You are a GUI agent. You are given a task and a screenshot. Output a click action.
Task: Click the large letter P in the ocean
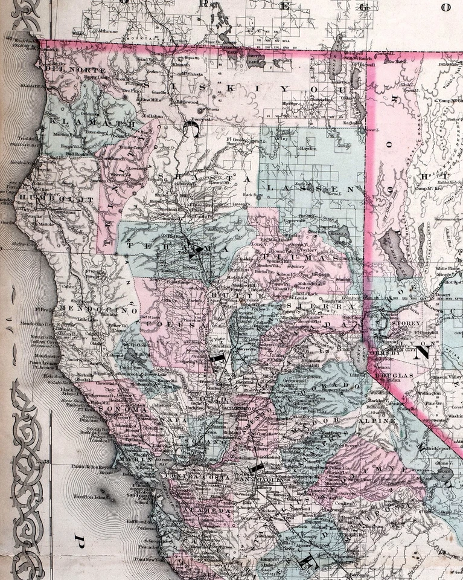coord(78,537)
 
